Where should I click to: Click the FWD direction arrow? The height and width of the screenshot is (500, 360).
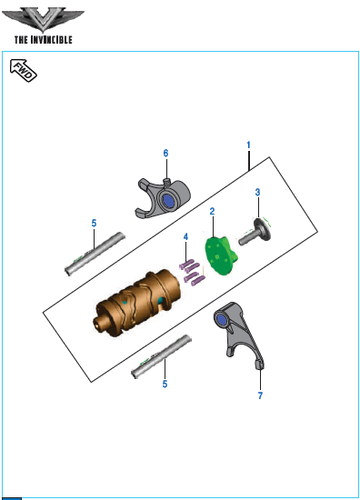coord(24,70)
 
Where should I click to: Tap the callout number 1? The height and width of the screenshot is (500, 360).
coord(249,145)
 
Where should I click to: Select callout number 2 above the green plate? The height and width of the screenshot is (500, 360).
coord(212,211)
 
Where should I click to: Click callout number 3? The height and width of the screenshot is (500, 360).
coord(257,193)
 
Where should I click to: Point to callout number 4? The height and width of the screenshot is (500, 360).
coord(185,237)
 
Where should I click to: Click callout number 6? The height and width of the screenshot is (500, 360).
coord(165,154)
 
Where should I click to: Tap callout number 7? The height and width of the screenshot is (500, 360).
coord(260,395)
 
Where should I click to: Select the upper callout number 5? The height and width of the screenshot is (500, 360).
coord(94,224)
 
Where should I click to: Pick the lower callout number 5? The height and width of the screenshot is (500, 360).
coord(165,384)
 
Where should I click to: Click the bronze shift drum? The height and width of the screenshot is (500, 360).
coord(137,303)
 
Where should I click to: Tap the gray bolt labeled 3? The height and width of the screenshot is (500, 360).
coord(255,232)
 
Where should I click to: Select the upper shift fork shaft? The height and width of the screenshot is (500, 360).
coord(95,254)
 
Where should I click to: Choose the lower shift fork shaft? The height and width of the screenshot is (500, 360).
coord(161,356)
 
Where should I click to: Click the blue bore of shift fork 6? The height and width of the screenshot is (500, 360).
coord(168,201)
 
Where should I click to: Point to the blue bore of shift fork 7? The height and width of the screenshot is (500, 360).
coord(220,319)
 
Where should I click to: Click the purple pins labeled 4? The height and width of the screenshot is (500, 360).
coord(192,273)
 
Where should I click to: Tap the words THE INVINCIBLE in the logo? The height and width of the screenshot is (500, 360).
coord(44,40)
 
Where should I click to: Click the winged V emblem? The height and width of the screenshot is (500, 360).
coord(43,20)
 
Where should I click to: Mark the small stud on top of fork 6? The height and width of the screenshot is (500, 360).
coord(167,182)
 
